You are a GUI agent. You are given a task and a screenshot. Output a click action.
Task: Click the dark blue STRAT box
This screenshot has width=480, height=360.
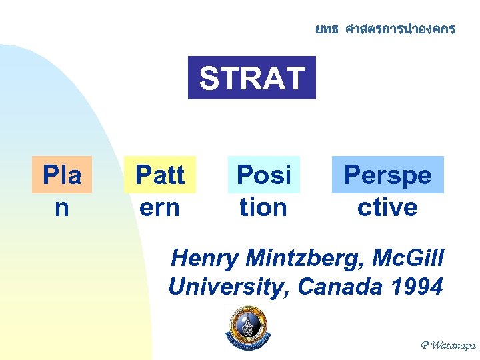(251, 79)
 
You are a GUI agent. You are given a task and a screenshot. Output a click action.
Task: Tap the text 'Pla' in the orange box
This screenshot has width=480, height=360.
(61, 175)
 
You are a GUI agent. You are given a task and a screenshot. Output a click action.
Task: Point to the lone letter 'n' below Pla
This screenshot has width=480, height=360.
(61, 207)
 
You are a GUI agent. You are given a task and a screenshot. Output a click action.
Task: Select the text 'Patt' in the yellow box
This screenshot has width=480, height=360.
(160, 175)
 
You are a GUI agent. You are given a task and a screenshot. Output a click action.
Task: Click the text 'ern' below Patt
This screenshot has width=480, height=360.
(160, 207)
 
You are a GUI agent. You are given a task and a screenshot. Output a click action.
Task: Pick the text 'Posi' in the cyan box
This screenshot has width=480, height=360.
(264, 175)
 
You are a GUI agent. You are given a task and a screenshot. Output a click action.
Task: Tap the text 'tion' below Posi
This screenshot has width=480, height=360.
(264, 207)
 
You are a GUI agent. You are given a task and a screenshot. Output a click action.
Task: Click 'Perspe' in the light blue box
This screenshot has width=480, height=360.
(387, 175)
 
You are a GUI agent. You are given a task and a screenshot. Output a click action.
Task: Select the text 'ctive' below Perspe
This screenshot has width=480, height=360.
(387, 207)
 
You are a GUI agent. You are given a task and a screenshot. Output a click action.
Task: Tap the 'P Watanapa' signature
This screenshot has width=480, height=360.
(447, 345)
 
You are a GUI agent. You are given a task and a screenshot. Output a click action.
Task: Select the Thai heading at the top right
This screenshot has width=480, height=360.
(385, 29)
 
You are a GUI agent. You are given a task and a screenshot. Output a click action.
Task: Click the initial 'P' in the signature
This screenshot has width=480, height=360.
(425, 345)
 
